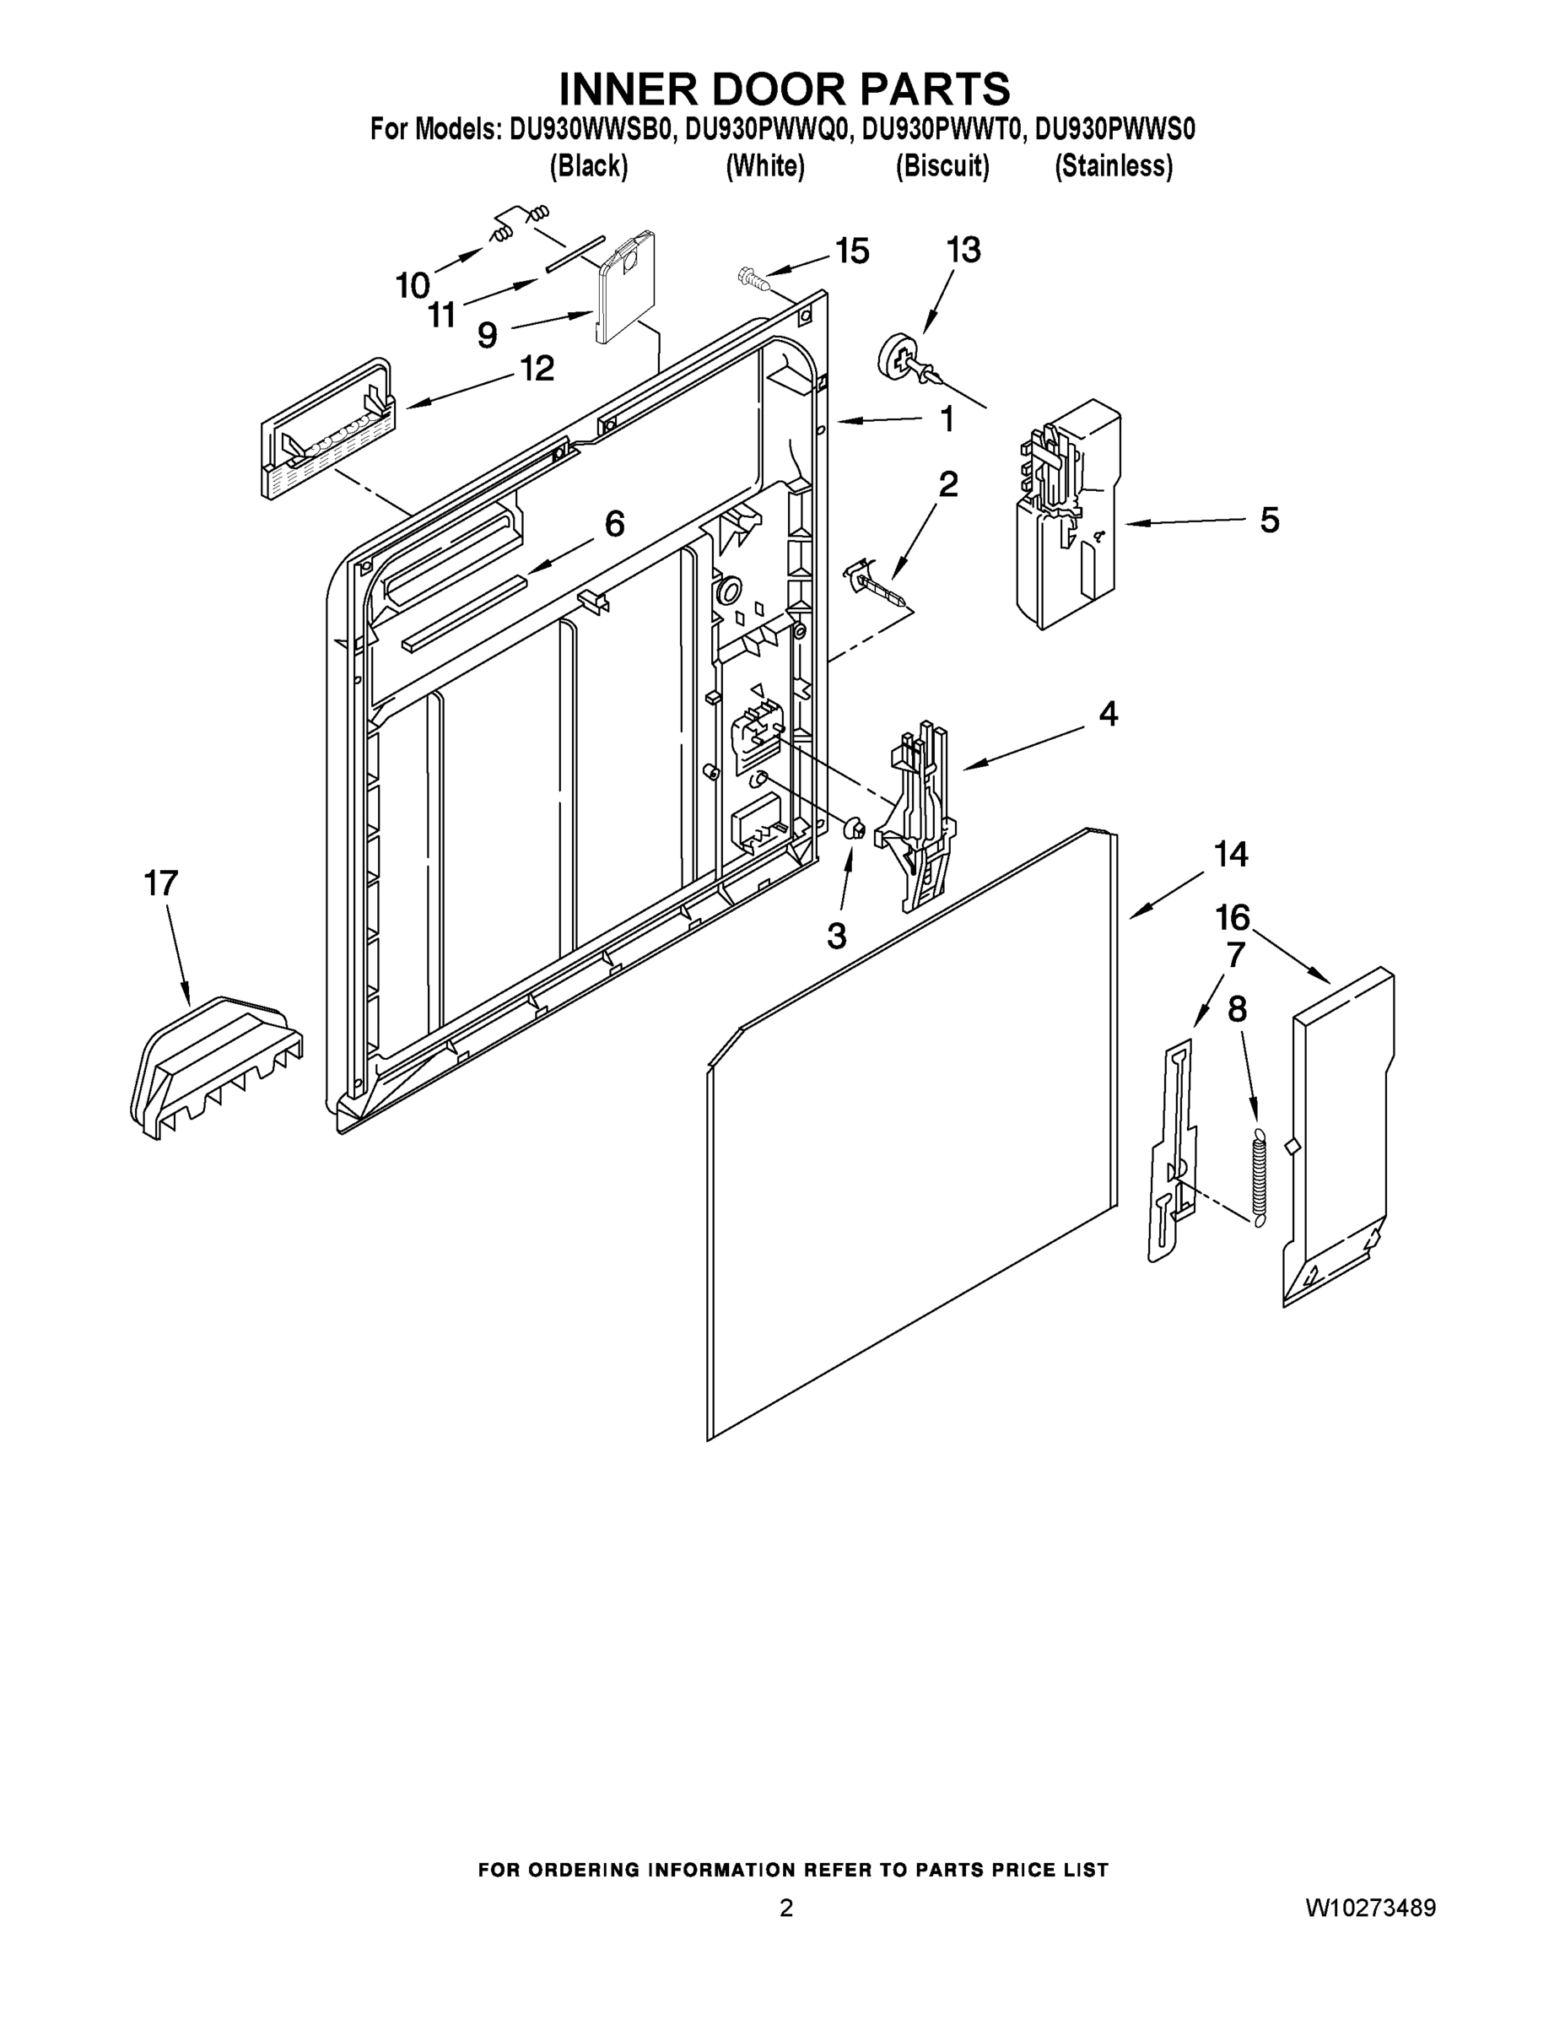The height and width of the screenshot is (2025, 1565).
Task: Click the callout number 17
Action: click(160, 883)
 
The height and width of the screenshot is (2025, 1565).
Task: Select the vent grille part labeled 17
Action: click(215, 1066)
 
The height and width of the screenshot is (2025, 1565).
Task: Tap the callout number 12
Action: click(536, 368)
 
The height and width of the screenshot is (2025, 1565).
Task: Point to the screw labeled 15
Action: click(753, 278)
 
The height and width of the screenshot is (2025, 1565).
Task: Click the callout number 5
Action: click(1268, 519)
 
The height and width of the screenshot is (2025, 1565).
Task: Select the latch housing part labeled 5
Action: click(1066, 519)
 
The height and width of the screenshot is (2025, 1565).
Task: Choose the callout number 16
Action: click(1232, 917)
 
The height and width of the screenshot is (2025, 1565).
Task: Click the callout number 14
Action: click(1230, 853)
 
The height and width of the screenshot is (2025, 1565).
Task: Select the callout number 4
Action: click(1108, 713)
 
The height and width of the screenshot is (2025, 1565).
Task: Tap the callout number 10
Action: click(413, 285)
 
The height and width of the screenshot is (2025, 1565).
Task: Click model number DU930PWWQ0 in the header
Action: click(767, 129)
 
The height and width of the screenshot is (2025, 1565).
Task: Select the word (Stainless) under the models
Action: click(1113, 166)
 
